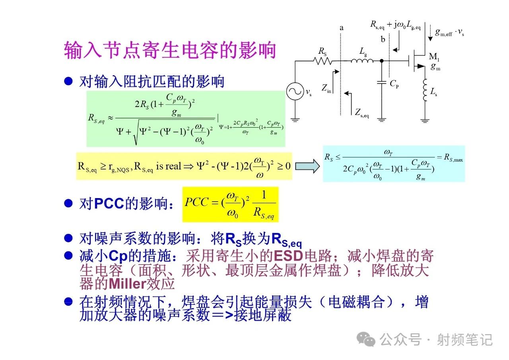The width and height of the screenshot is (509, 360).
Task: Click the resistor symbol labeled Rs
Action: click(322, 61)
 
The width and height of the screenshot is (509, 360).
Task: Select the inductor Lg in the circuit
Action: click(362, 61)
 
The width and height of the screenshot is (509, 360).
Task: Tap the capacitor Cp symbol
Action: click(382, 82)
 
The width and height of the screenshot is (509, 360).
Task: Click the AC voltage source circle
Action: click(295, 91)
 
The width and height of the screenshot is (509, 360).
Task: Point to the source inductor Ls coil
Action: click(424, 90)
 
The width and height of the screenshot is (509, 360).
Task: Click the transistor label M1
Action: click(434, 56)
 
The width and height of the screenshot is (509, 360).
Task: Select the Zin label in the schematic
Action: click(326, 88)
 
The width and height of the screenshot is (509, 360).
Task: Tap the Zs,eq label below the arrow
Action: click(362, 113)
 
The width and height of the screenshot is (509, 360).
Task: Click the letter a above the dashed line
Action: click(341, 28)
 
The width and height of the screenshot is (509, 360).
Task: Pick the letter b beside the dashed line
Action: click(383, 39)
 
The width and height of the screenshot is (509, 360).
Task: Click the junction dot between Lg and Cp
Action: click(382, 61)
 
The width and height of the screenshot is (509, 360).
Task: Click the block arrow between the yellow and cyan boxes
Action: click(307, 166)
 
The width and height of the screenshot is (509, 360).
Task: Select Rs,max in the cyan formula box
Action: click(453, 157)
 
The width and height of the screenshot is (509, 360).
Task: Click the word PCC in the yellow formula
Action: click(196, 202)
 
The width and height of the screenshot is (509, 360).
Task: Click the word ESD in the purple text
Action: click(288, 256)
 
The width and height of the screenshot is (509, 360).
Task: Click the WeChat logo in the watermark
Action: click(366, 339)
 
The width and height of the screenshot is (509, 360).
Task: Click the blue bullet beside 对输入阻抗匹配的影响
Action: click(68, 81)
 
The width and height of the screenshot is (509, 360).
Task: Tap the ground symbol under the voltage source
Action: click(295, 120)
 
